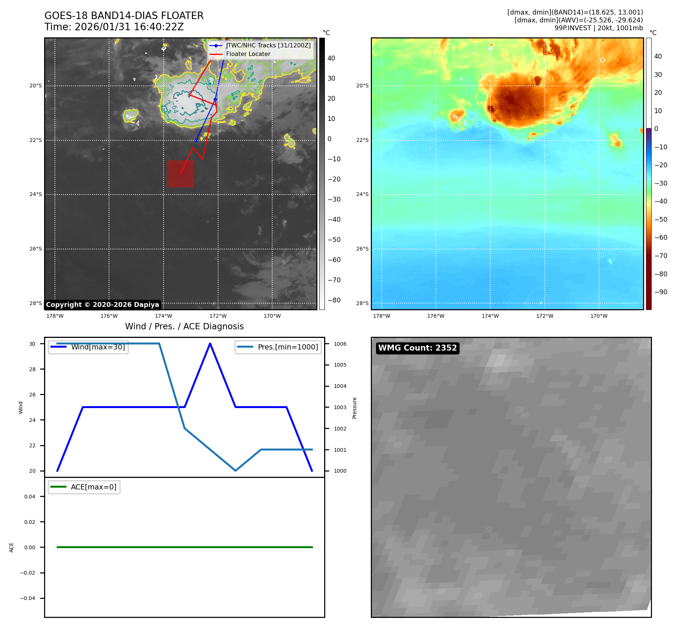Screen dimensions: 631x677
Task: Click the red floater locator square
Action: click(x=180, y=174)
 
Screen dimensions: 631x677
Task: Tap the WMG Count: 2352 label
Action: click(x=417, y=348)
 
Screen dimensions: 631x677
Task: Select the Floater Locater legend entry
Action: click(x=248, y=54)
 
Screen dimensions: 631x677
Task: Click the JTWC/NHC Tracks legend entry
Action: click(x=268, y=46)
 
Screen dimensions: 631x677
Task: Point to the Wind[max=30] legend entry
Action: click(x=98, y=347)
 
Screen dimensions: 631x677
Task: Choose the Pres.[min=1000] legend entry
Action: click(x=288, y=347)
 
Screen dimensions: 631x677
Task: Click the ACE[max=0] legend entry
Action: click(x=93, y=487)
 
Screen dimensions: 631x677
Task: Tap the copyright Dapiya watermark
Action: click(x=102, y=305)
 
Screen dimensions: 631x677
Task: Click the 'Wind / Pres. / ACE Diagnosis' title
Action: click(x=184, y=326)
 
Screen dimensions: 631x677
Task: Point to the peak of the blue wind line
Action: click(x=210, y=344)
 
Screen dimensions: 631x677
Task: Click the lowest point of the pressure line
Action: click(x=236, y=470)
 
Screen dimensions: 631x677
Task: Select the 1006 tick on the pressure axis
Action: click(x=340, y=344)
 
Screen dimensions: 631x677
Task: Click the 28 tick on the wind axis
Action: click(x=32, y=369)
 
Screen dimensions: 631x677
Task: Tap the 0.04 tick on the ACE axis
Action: click(x=30, y=497)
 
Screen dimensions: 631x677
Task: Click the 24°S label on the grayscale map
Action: click(x=36, y=194)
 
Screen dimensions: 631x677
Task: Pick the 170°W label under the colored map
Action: click(x=599, y=316)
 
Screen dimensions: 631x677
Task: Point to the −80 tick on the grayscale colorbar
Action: click(x=334, y=300)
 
